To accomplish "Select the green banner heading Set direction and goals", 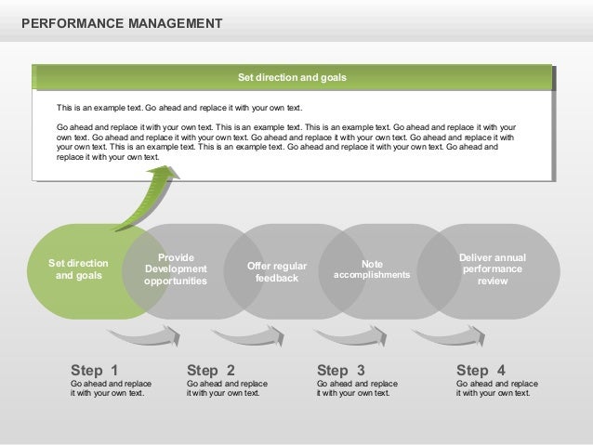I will [292, 78].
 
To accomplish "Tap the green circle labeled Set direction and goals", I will [78, 269].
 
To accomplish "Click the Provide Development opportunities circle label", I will [175, 268].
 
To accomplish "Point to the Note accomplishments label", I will [371, 269].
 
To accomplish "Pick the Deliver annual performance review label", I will [492, 268].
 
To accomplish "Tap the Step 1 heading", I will [94, 370].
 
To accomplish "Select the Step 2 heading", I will [211, 370].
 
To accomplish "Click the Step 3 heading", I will [340, 370].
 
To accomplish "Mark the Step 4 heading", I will [481, 370].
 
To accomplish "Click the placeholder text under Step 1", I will [112, 387].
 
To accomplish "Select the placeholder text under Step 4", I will [496, 387].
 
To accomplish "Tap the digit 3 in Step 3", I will [360, 370].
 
